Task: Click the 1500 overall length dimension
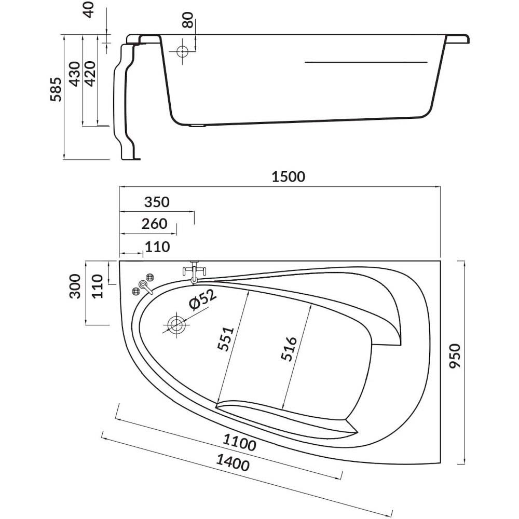[288, 177]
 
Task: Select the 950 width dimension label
[456, 356]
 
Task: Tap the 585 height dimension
[56, 89]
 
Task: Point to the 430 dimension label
[75, 74]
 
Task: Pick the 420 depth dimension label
[90, 74]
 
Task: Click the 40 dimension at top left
[89, 10]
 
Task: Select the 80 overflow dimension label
[188, 20]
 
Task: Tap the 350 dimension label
[157, 202]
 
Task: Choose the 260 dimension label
[154, 224]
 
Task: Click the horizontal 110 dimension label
[158, 247]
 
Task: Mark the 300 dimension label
[75, 286]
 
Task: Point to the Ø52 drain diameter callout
[202, 299]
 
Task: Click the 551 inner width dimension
[226, 339]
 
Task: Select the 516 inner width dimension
[289, 349]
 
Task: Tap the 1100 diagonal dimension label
[239, 442]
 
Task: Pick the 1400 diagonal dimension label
[233, 462]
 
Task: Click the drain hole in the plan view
[176, 325]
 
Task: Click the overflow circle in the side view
[182, 51]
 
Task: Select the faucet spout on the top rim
[194, 272]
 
